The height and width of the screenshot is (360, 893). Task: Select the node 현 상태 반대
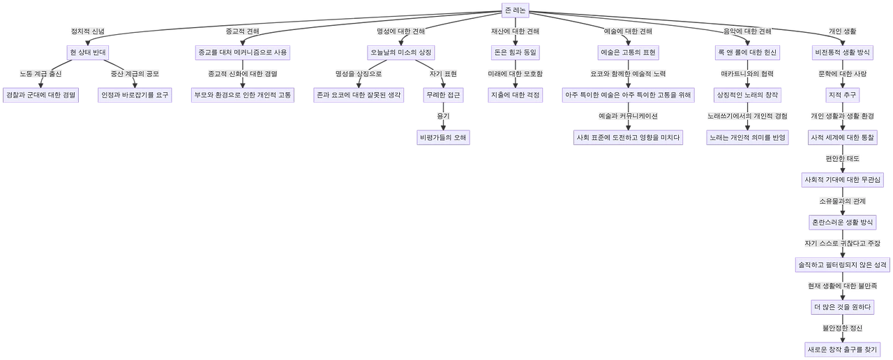(87, 53)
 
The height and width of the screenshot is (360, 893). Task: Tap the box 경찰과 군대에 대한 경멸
(40, 95)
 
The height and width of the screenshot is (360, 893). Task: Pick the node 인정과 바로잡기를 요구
(135, 95)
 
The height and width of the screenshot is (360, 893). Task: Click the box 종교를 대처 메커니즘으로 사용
(241, 53)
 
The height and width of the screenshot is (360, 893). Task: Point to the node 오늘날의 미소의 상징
(401, 53)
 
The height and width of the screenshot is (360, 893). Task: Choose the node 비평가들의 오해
(443, 137)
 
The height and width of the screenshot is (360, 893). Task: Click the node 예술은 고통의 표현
(628, 53)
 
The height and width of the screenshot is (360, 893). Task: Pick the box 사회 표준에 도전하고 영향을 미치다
(627, 137)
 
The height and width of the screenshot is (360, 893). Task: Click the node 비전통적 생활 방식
(841, 53)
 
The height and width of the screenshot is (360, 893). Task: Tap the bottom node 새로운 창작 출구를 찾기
(841, 348)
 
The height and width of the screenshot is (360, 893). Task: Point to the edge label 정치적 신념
(87, 32)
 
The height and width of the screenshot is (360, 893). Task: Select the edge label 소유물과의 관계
(842, 201)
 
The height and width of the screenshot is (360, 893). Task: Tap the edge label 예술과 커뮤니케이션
(628, 117)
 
